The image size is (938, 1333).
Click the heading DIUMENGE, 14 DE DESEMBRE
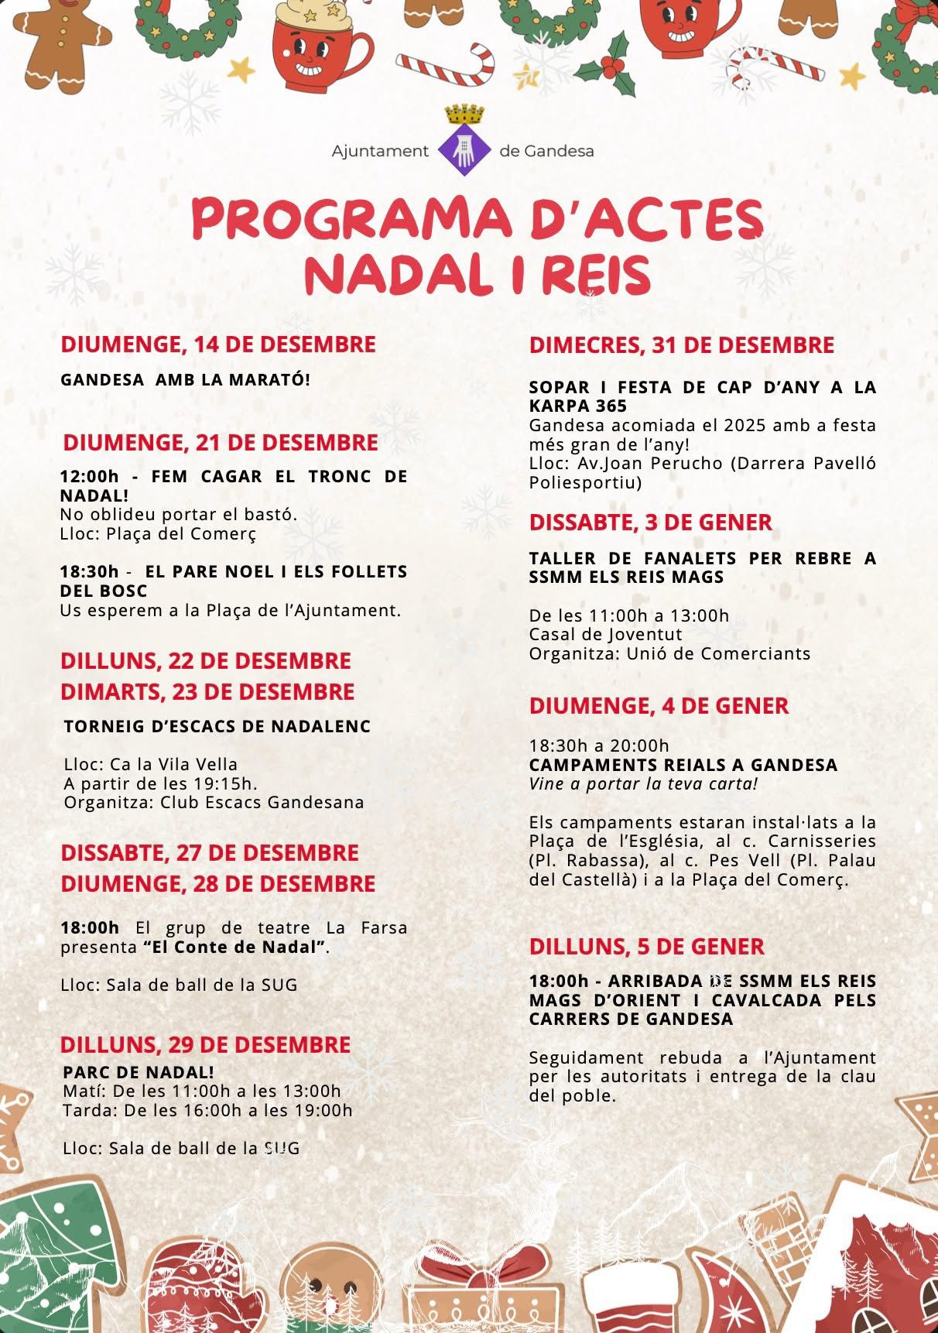tap(218, 344)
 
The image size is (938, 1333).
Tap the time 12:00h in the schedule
tap(89, 476)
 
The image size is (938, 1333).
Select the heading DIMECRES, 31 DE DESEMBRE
tap(681, 345)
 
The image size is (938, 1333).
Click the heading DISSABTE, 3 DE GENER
tap(650, 523)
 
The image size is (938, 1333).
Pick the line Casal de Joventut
tap(606, 634)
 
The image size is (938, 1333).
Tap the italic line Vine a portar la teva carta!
tap(643, 783)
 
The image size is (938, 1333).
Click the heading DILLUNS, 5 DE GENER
tap(646, 946)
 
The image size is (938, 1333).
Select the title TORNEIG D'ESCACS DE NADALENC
tap(217, 726)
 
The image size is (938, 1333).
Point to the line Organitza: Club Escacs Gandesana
tap(214, 802)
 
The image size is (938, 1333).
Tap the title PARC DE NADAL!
tap(139, 1072)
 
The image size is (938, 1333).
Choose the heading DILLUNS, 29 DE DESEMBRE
tap(206, 1044)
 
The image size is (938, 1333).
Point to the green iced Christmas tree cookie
tap(54, 1246)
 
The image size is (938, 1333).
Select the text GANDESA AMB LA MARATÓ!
tap(185, 380)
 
